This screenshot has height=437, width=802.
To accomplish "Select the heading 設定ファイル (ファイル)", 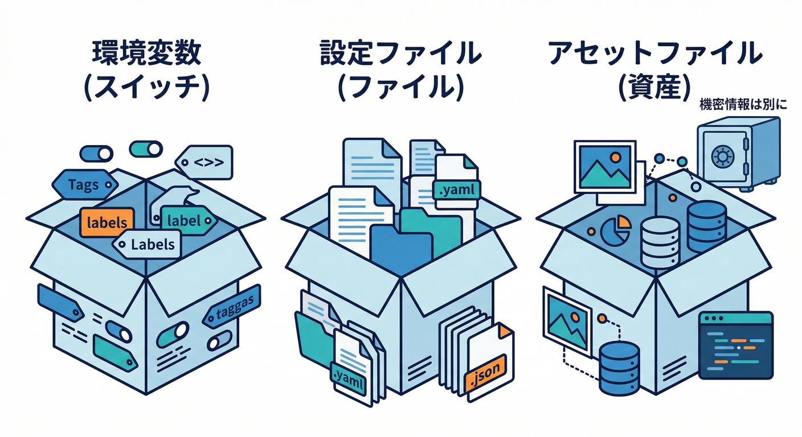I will click(x=400, y=71).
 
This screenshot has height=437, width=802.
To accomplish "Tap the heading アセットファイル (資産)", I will click(x=655, y=71).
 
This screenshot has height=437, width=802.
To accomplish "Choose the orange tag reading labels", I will click(x=107, y=222).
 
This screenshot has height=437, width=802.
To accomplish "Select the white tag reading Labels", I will click(x=147, y=245).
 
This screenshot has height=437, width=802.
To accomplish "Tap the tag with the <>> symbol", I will click(x=204, y=162).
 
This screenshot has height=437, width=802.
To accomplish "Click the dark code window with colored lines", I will click(x=735, y=345).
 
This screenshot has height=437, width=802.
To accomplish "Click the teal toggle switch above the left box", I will click(x=146, y=149).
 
